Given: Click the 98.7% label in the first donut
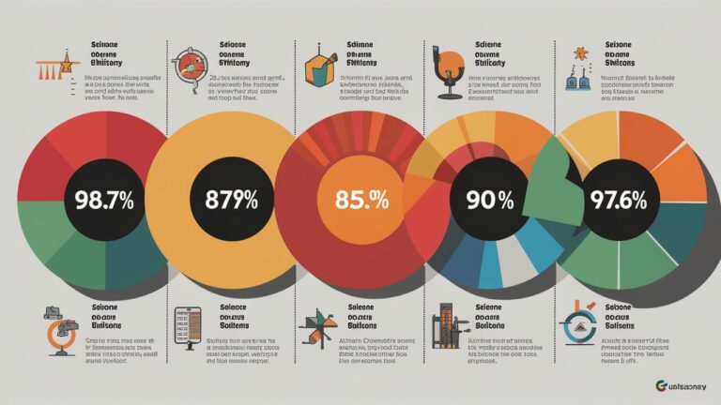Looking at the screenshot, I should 97,199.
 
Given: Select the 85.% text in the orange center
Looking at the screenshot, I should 355,199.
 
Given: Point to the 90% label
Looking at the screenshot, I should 482,199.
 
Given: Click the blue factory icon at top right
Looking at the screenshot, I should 575,75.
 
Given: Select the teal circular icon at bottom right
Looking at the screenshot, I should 578,327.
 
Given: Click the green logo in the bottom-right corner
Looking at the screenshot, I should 657,385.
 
